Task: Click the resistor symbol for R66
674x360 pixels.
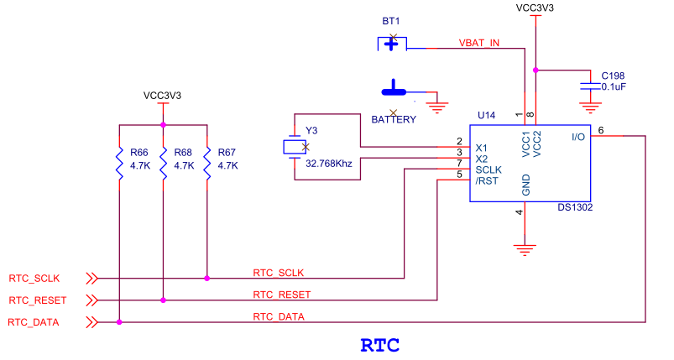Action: click(x=119, y=164)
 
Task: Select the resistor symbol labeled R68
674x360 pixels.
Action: click(x=164, y=164)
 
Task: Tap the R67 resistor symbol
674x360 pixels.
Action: click(x=207, y=164)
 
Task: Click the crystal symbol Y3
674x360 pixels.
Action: click(x=295, y=147)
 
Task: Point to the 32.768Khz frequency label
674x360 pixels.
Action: click(x=329, y=164)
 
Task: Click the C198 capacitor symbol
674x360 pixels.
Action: click(x=590, y=86)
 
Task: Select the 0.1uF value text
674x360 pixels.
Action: click(x=614, y=86)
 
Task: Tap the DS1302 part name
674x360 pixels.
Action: click(x=575, y=207)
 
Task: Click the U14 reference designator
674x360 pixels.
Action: click(x=486, y=115)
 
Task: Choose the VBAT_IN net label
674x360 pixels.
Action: click(x=478, y=43)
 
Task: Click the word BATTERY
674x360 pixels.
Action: click(x=394, y=119)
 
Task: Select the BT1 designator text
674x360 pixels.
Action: click(x=391, y=21)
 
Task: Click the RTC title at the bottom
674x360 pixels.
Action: click(x=380, y=346)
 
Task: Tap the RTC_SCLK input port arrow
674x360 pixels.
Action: click(x=91, y=279)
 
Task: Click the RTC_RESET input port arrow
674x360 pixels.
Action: click(x=91, y=300)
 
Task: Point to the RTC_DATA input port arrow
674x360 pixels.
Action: click(x=91, y=322)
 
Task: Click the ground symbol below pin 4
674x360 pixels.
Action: click(x=525, y=250)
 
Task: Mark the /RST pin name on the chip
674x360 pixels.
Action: click(x=487, y=181)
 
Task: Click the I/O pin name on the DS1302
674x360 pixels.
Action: click(x=578, y=137)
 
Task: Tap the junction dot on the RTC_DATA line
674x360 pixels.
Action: click(x=119, y=322)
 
